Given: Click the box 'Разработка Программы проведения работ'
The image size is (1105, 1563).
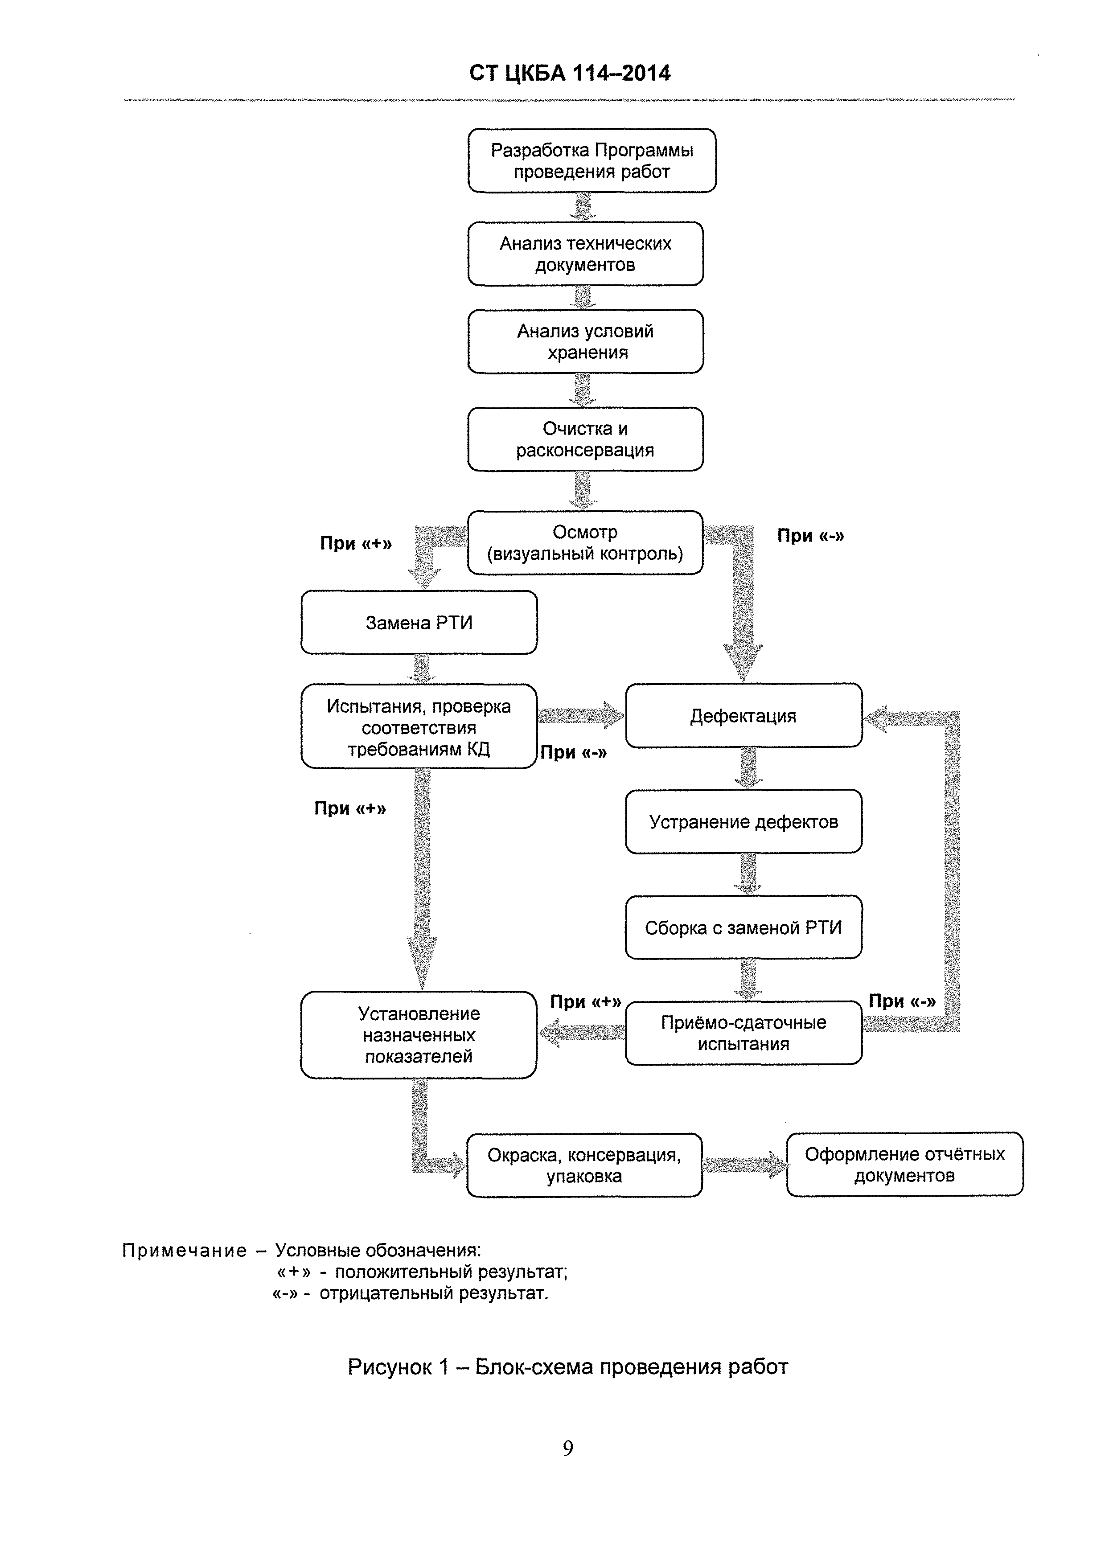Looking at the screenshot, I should tap(592, 160).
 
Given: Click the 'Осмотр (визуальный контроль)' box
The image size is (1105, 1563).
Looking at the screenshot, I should tap(585, 542).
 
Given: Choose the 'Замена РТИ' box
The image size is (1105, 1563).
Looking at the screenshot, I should tap(419, 622).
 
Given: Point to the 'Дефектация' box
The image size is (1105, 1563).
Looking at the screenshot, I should tap(744, 715).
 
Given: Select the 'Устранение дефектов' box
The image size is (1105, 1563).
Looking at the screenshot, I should tap(744, 822).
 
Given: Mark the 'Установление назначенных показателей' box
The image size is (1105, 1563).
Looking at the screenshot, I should tap(419, 1035).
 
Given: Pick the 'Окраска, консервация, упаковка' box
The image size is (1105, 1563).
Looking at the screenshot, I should tap(584, 1165).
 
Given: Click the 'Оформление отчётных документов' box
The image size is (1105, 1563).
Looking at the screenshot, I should tap(905, 1164).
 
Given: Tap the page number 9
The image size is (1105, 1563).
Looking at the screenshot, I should tap(568, 1448).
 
